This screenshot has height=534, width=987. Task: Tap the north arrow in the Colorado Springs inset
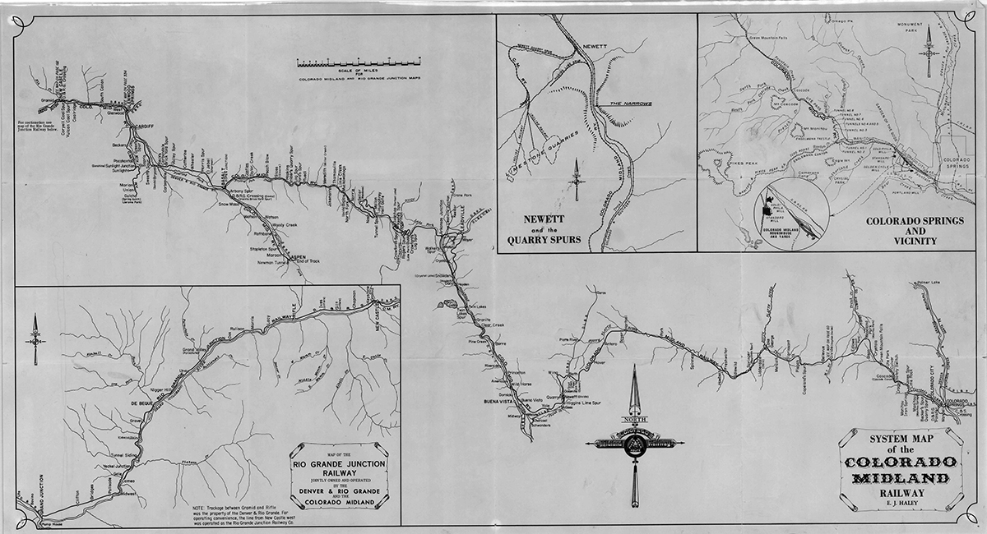click(x=930, y=51)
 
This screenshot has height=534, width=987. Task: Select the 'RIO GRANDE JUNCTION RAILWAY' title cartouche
click(x=339, y=481)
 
